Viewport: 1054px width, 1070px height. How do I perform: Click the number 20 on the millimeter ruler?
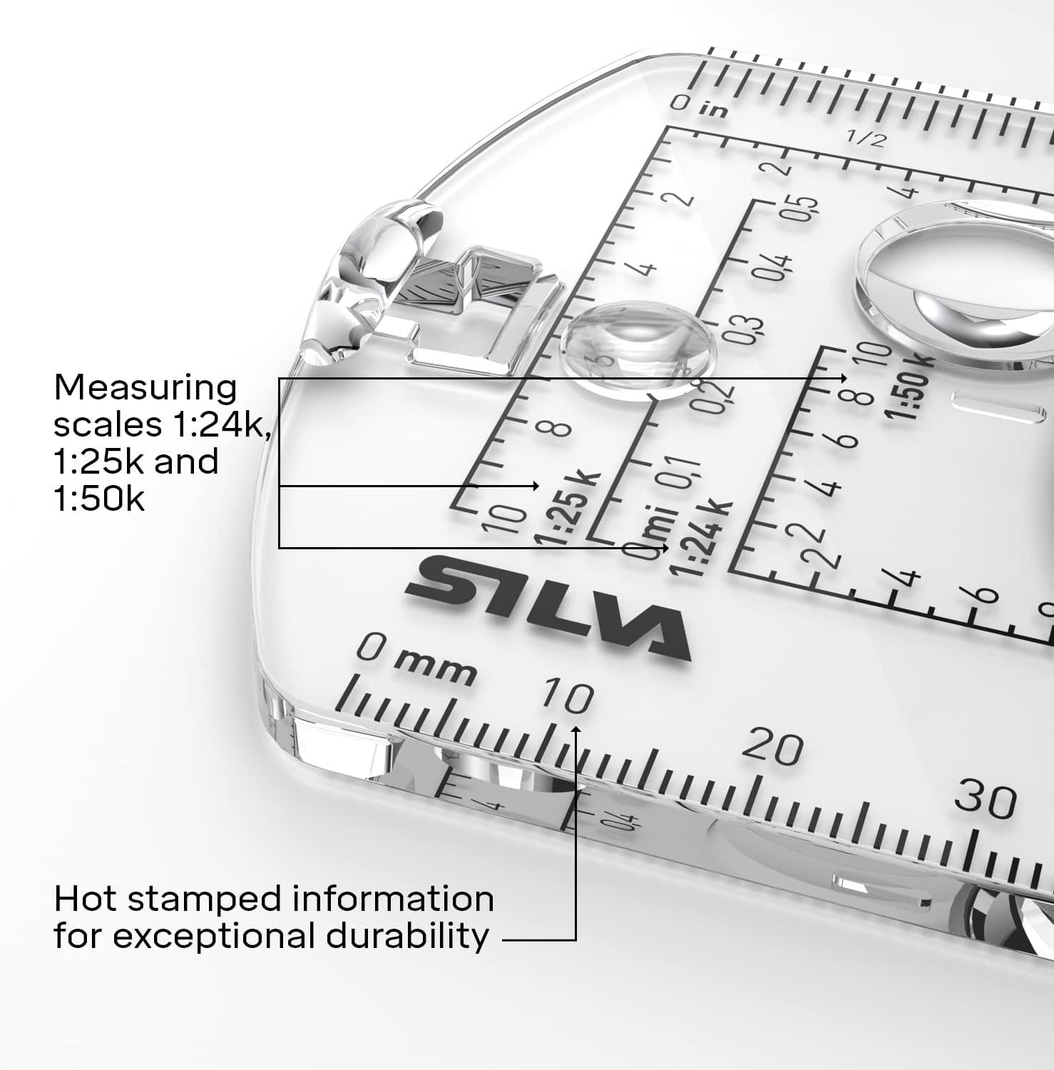[x=772, y=748]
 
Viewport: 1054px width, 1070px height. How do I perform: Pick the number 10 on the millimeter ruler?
[x=568, y=695]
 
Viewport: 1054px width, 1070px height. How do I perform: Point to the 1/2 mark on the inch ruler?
[x=865, y=138]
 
